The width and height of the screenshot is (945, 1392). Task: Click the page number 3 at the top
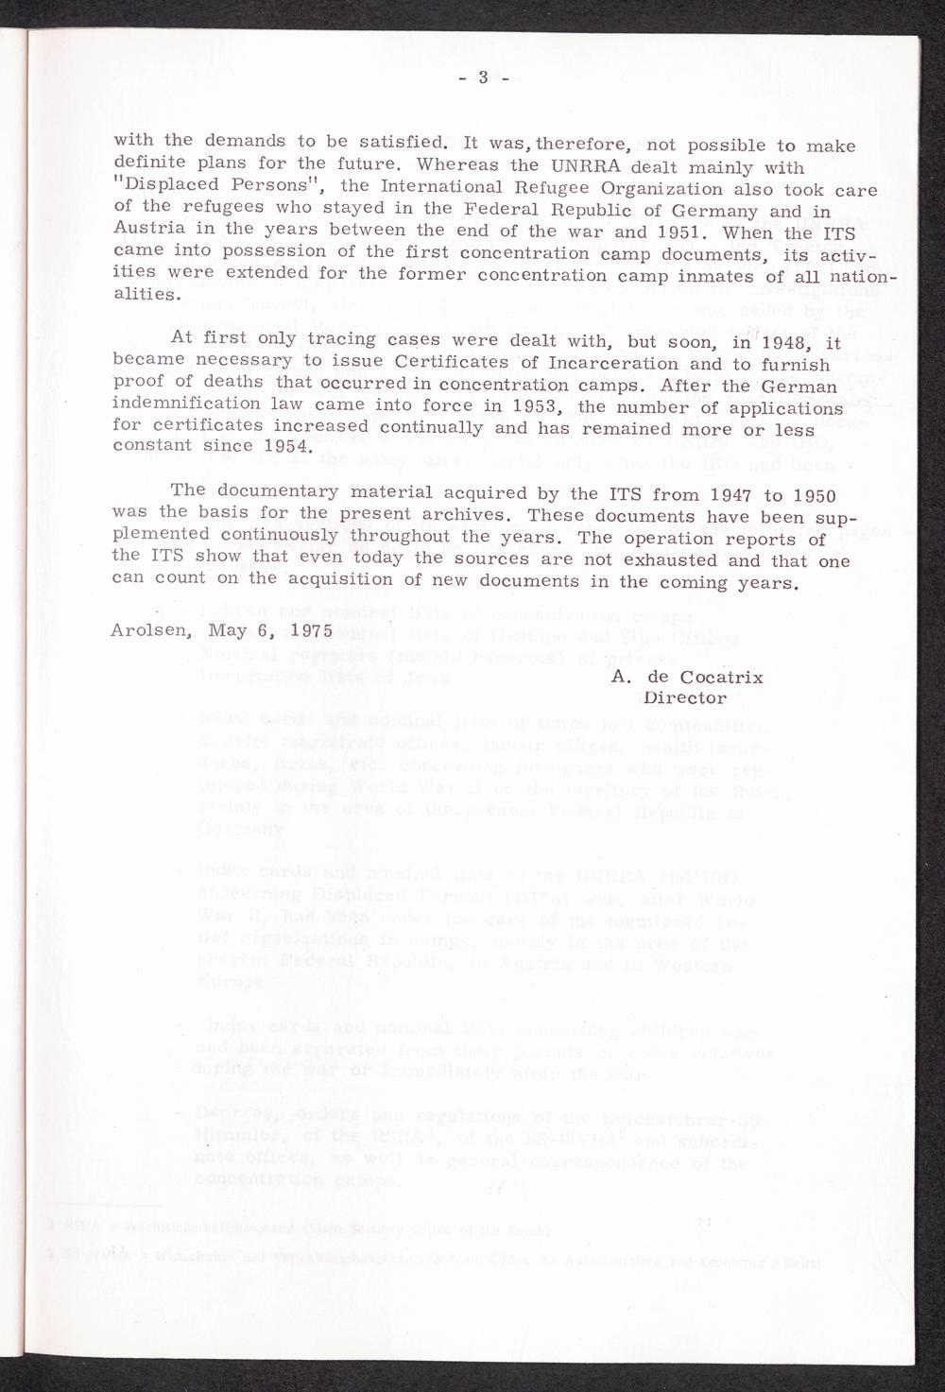click(481, 77)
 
